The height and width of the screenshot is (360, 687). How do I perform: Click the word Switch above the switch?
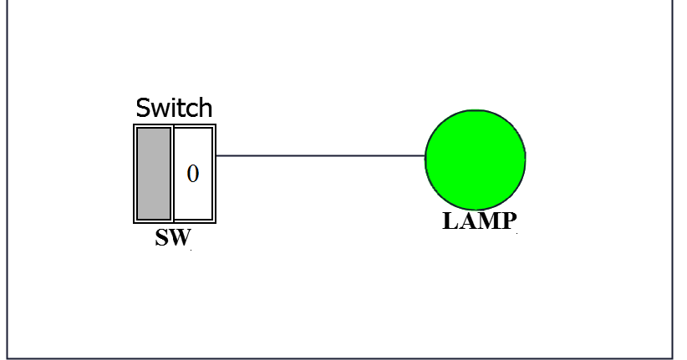174,108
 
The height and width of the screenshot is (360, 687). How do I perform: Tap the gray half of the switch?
154,173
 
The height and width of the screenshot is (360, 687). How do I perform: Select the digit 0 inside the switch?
193,174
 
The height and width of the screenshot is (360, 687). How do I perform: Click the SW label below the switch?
174,238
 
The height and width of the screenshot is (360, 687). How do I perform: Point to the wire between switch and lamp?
320,155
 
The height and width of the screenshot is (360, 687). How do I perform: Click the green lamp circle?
475,158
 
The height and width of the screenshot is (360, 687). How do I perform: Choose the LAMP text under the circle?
480,221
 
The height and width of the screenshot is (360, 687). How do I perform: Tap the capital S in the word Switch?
144,108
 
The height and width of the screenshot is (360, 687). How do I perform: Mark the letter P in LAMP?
508,221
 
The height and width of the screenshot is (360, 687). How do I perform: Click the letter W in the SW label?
181,238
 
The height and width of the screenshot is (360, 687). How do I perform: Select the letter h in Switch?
206,108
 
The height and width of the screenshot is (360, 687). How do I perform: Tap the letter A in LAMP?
468,221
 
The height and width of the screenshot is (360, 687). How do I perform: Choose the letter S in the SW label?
163,238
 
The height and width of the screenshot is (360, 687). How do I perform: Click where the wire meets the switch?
217,155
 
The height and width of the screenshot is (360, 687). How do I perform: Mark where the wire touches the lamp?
425,155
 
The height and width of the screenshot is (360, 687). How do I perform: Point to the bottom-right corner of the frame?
672,358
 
